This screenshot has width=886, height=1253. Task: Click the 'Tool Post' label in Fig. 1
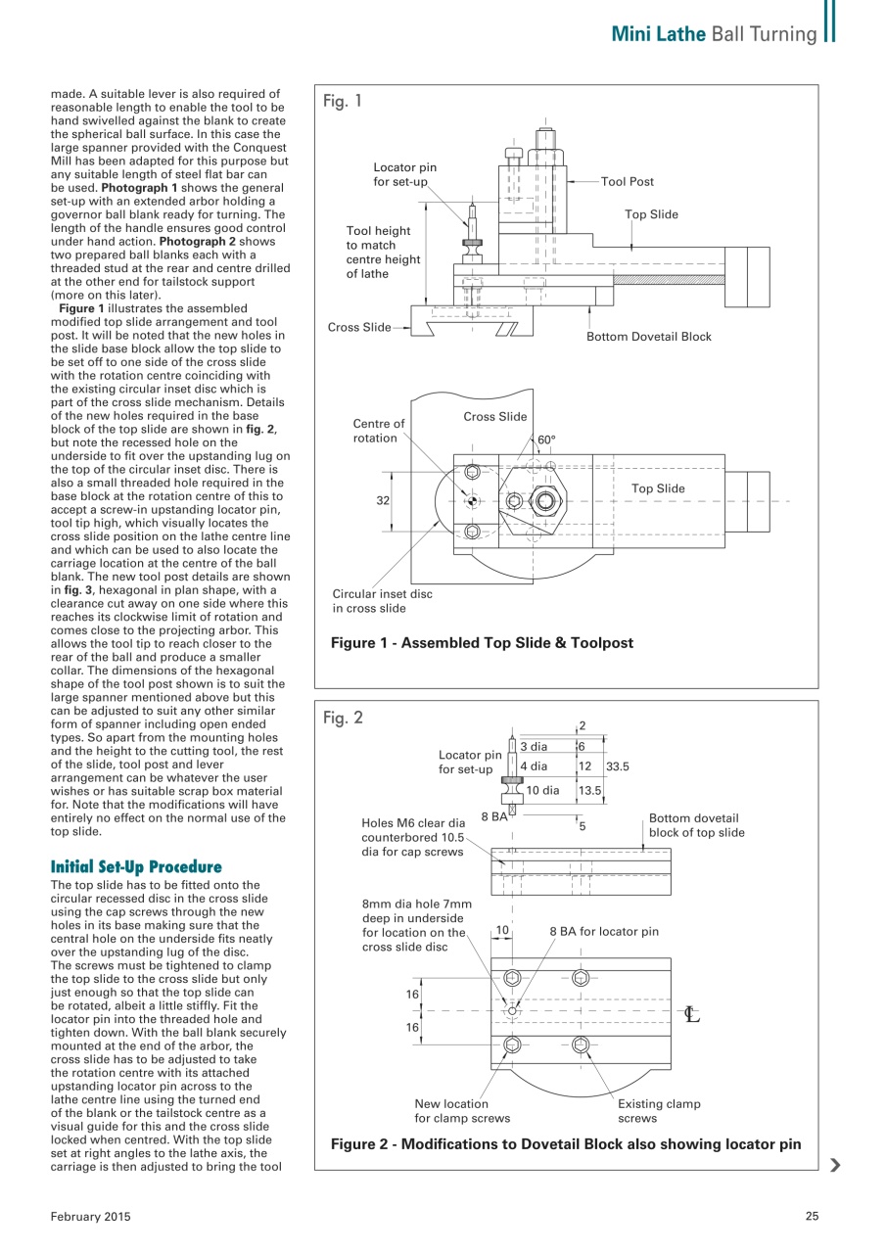click(x=627, y=181)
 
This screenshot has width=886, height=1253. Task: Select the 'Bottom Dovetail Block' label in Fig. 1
click(x=648, y=337)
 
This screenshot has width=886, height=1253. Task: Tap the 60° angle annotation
click(x=545, y=440)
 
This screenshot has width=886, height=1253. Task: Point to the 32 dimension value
click(x=384, y=500)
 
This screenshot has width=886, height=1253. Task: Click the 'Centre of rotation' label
click(x=379, y=431)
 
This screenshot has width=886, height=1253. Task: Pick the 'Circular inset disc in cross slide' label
click(x=382, y=601)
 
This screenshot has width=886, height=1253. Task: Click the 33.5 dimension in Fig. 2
click(x=619, y=766)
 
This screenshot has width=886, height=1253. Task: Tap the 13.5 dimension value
click(x=589, y=790)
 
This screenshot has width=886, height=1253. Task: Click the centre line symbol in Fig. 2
click(x=692, y=1014)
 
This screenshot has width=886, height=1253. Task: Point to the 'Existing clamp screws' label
click(x=658, y=1111)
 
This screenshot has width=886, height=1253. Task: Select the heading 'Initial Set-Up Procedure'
click(x=136, y=867)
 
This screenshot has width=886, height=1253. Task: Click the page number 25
click(x=811, y=1217)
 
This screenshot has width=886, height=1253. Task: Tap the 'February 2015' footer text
click(x=90, y=1217)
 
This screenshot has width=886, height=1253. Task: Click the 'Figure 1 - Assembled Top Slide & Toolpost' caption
click(x=482, y=643)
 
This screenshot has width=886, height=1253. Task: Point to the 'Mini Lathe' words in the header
click(x=659, y=34)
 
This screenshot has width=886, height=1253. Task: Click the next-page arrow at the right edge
click(x=834, y=1165)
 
